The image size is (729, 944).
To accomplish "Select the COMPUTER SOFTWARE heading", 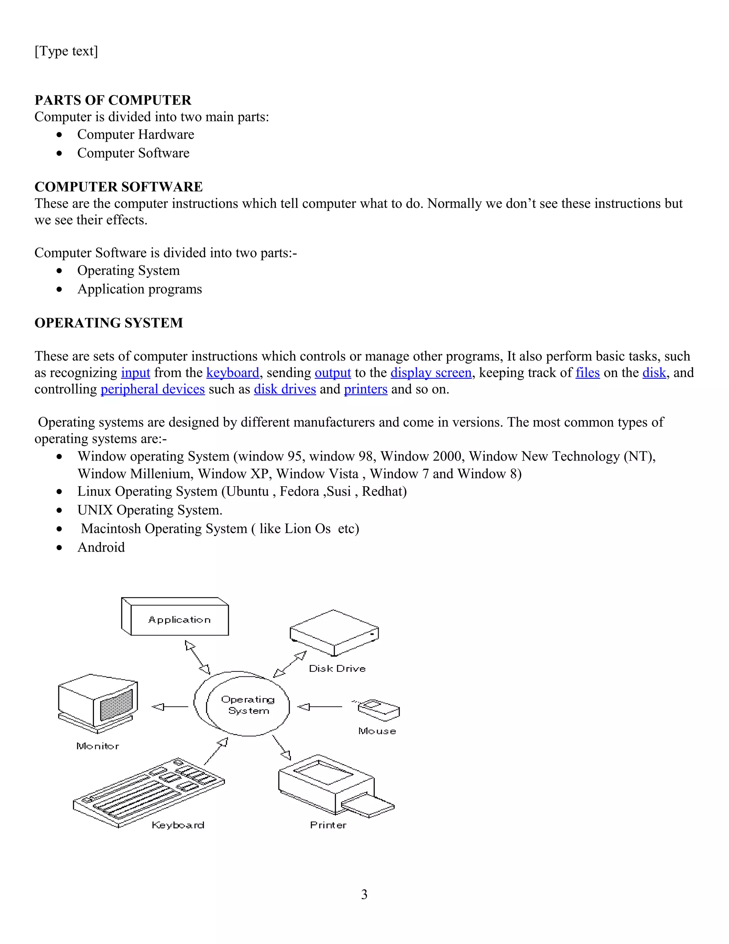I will pyautogui.click(x=118, y=187).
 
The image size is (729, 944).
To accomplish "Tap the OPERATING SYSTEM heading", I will pyautogui.click(x=109, y=322).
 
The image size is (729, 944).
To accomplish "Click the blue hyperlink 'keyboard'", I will pyautogui.click(x=233, y=373).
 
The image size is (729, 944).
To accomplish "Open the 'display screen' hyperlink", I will pyautogui.click(x=431, y=373).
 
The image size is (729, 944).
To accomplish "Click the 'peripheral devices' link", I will pyautogui.click(x=152, y=389).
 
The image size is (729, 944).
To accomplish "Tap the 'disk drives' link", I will pyautogui.click(x=285, y=389).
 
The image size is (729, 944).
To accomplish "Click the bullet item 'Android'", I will pyautogui.click(x=101, y=547).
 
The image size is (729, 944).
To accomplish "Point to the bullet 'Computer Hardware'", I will pyautogui.click(x=136, y=134).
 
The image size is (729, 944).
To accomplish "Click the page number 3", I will pyautogui.click(x=364, y=894).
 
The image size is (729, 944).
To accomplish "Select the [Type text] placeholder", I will pyautogui.click(x=66, y=51).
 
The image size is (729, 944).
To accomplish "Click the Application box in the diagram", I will pyautogui.click(x=179, y=620).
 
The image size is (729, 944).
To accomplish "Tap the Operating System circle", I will pyautogui.click(x=247, y=705).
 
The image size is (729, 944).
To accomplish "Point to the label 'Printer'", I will pyautogui.click(x=328, y=825).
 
